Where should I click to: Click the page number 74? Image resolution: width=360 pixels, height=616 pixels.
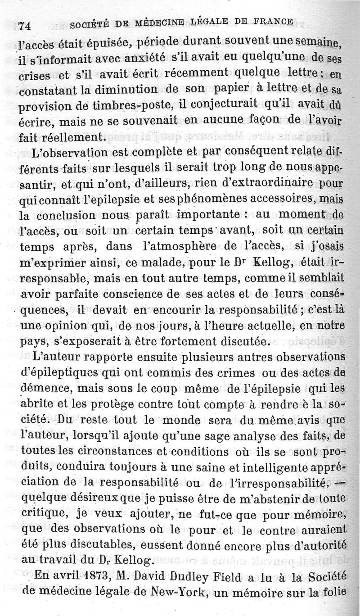coord(22,26)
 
